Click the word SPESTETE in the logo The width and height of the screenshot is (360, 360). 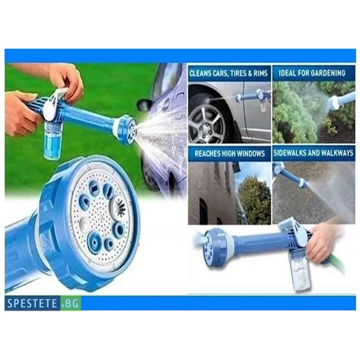tap(32, 303)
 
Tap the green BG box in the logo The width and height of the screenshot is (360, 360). tap(71, 303)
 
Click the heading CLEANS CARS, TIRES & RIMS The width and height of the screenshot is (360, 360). tap(229, 73)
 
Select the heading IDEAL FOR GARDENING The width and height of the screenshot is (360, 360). tap(312, 73)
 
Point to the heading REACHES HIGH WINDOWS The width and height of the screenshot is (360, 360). tap(229, 153)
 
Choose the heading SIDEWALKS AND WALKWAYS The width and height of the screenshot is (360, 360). tap(313, 153)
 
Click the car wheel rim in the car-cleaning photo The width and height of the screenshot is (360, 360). tap(206, 124)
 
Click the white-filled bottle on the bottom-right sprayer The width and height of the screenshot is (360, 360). tap(301, 276)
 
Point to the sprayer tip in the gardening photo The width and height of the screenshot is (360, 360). tap(339, 99)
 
